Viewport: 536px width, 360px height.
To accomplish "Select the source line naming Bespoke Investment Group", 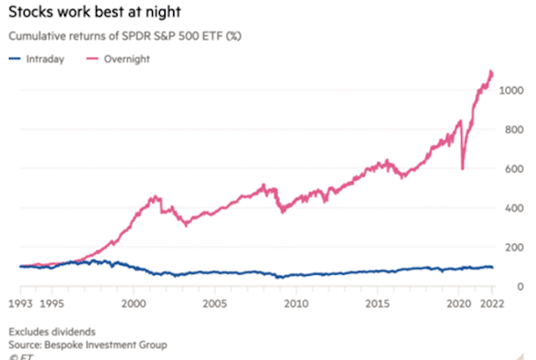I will [88, 345].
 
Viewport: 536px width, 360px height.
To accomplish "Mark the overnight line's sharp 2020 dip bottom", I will [461, 169].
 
